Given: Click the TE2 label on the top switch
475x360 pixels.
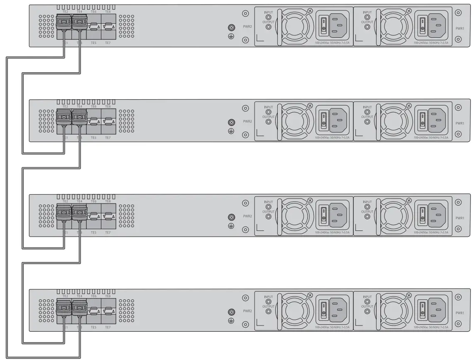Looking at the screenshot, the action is tap(65, 12).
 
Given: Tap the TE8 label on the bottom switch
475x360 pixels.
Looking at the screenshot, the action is tap(108, 296).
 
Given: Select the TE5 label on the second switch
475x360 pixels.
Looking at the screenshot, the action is tap(93, 137).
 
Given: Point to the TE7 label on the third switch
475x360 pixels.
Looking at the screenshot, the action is tap(108, 232).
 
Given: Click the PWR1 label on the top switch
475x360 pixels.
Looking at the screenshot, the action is tap(460, 29).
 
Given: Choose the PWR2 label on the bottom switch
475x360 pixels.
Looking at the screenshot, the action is tap(247, 311).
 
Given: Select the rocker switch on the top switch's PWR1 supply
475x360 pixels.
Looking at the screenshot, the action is tap(422, 25).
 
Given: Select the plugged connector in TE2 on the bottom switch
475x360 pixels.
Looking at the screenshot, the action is tap(64, 308).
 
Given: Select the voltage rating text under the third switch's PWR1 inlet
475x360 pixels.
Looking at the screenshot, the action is tap(431, 233).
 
